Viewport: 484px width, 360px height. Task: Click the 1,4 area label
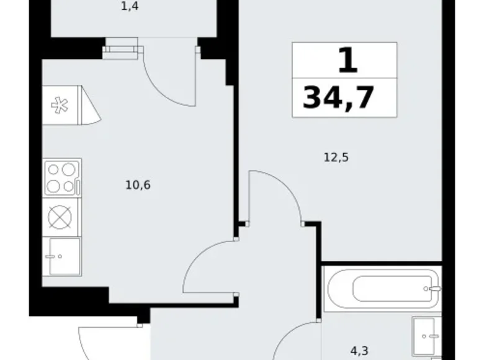click(x=128, y=10)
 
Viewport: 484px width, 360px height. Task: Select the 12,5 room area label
click(x=336, y=157)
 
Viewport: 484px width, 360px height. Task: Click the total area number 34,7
click(x=339, y=97)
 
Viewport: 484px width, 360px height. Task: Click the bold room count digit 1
click(x=347, y=61)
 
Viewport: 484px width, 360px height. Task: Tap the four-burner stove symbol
click(x=61, y=178)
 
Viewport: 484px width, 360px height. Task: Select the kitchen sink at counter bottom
click(x=61, y=255)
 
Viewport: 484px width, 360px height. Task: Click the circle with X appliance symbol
click(x=60, y=217)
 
